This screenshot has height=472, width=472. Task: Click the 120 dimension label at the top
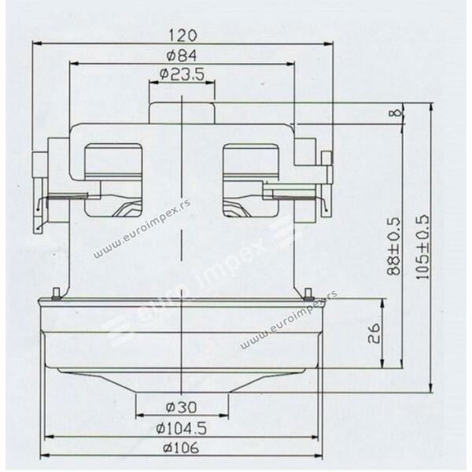pyautogui.click(x=183, y=35)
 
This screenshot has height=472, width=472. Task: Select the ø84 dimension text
pyautogui.click(x=182, y=56)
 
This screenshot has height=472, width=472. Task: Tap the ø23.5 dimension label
pyautogui.click(x=182, y=74)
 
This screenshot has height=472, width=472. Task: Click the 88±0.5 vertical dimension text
pyautogui.click(x=394, y=246)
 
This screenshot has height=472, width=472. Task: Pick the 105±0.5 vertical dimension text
pyautogui.click(x=422, y=247)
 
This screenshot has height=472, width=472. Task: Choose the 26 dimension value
pyautogui.click(x=374, y=334)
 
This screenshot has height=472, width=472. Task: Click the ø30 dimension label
pyautogui.click(x=182, y=407)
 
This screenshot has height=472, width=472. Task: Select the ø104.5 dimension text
pyautogui.click(x=182, y=428)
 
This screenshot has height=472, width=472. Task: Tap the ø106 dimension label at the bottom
pyautogui.click(x=181, y=448)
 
